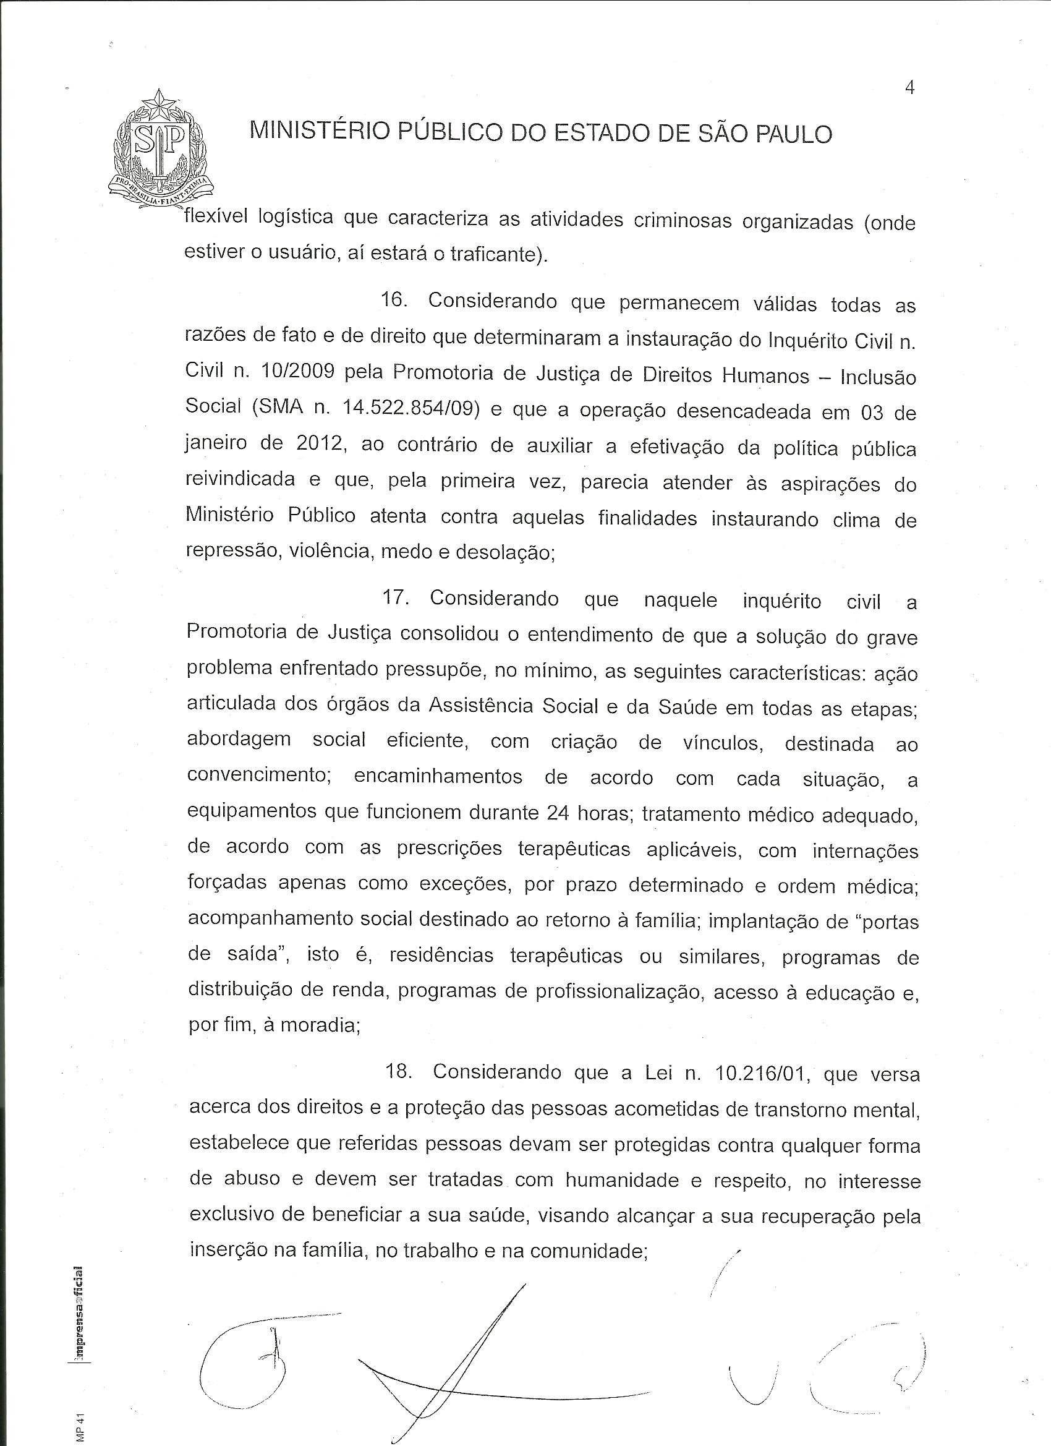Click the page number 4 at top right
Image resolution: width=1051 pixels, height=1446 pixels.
[x=909, y=88]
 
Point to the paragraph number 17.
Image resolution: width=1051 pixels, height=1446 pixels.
[x=396, y=598]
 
